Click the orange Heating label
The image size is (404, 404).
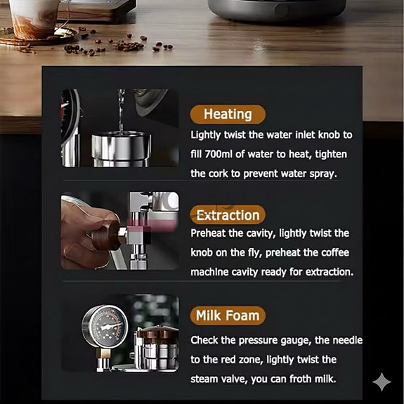coord(228,114)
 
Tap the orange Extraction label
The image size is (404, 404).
coord(228,215)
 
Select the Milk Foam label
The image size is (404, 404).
coord(228,315)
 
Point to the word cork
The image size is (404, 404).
coord(218,174)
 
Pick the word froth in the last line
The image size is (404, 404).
coord(301,379)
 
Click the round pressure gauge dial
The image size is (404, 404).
coord(105,327)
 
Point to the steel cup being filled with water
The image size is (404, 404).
coord(121,149)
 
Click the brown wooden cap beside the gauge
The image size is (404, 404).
coord(157,334)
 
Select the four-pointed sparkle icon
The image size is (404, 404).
coord(382,382)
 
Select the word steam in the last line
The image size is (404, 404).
coord(203,379)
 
